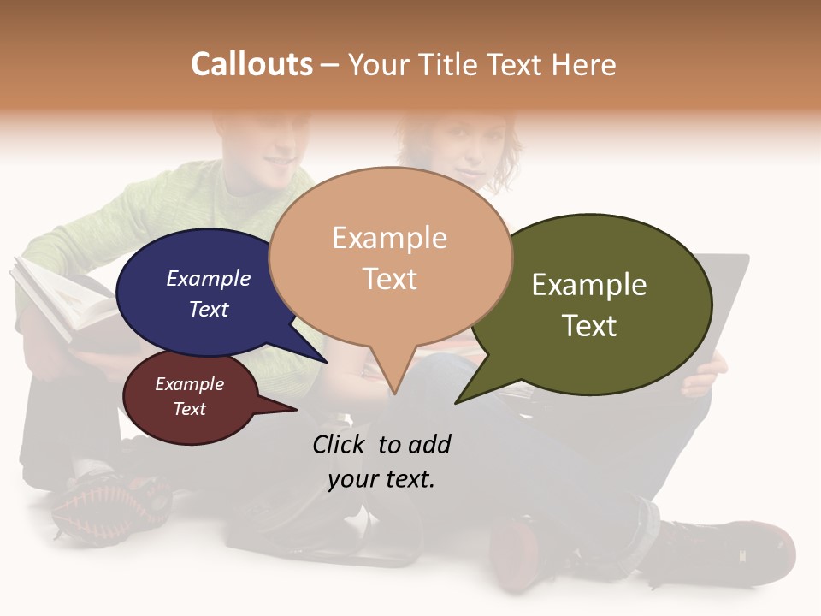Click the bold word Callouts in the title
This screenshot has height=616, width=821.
(x=251, y=64)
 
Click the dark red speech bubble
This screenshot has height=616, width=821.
(x=189, y=397)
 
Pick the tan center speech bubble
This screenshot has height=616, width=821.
(x=390, y=257)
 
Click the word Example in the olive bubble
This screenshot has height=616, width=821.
(x=589, y=285)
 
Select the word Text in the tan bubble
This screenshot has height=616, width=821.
(x=390, y=279)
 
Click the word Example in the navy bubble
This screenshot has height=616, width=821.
(x=209, y=278)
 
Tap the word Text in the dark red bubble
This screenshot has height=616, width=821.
(x=190, y=409)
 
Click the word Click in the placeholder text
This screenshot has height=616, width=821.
(x=339, y=444)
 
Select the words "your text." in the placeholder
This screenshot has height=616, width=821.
(x=381, y=479)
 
